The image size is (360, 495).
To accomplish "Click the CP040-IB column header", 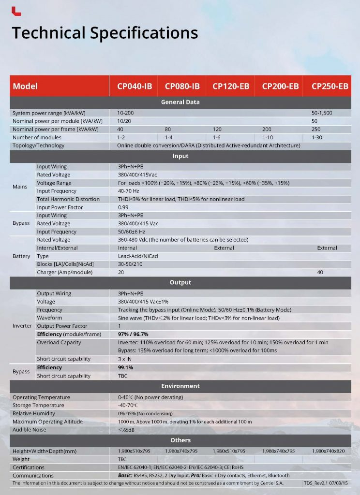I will pyautogui.click(x=135, y=87).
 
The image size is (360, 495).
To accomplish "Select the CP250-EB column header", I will pyautogui.click(x=330, y=87).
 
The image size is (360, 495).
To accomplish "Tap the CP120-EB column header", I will pyautogui.click(x=231, y=87).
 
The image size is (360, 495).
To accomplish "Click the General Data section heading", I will pyautogui.click(x=180, y=102).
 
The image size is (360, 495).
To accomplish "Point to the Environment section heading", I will pyautogui.click(x=180, y=386).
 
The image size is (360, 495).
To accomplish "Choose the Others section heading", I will pyautogui.click(x=180, y=440).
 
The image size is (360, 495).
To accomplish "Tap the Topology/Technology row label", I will pyautogui.click(x=38, y=146).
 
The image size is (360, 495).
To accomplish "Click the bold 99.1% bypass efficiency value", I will pyautogui.click(x=126, y=367).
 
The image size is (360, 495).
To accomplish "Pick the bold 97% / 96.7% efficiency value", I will pyautogui.click(x=133, y=334).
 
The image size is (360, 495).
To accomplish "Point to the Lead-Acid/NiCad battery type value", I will pyautogui.click(x=137, y=256).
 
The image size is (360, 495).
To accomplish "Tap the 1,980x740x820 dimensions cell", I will pyautogui.click(x=329, y=451).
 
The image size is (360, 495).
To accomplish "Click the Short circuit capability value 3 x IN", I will pyautogui.click(x=125, y=359).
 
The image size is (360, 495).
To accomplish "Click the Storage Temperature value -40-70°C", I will pyautogui.click(x=128, y=405).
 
